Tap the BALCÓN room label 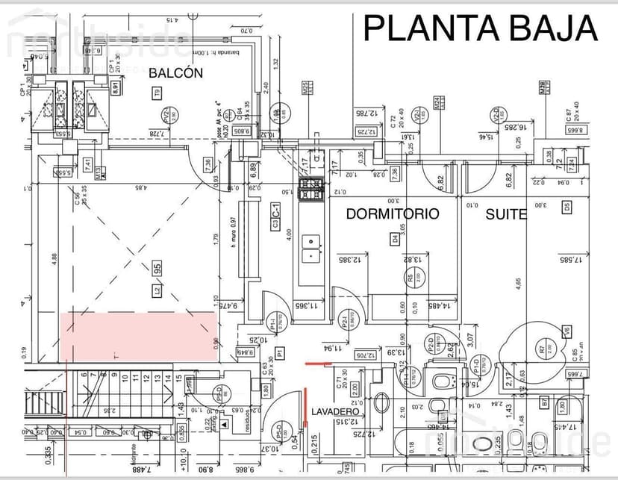click(x=175, y=72)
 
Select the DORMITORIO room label click(x=393, y=213)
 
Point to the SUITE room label click(x=507, y=214)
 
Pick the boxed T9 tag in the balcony click(x=157, y=93)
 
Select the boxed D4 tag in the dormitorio click(x=395, y=239)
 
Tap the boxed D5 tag click(x=566, y=207)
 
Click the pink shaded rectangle click(x=139, y=337)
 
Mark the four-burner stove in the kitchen click(x=310, y=190)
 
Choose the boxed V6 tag click(x=567, y=331)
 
